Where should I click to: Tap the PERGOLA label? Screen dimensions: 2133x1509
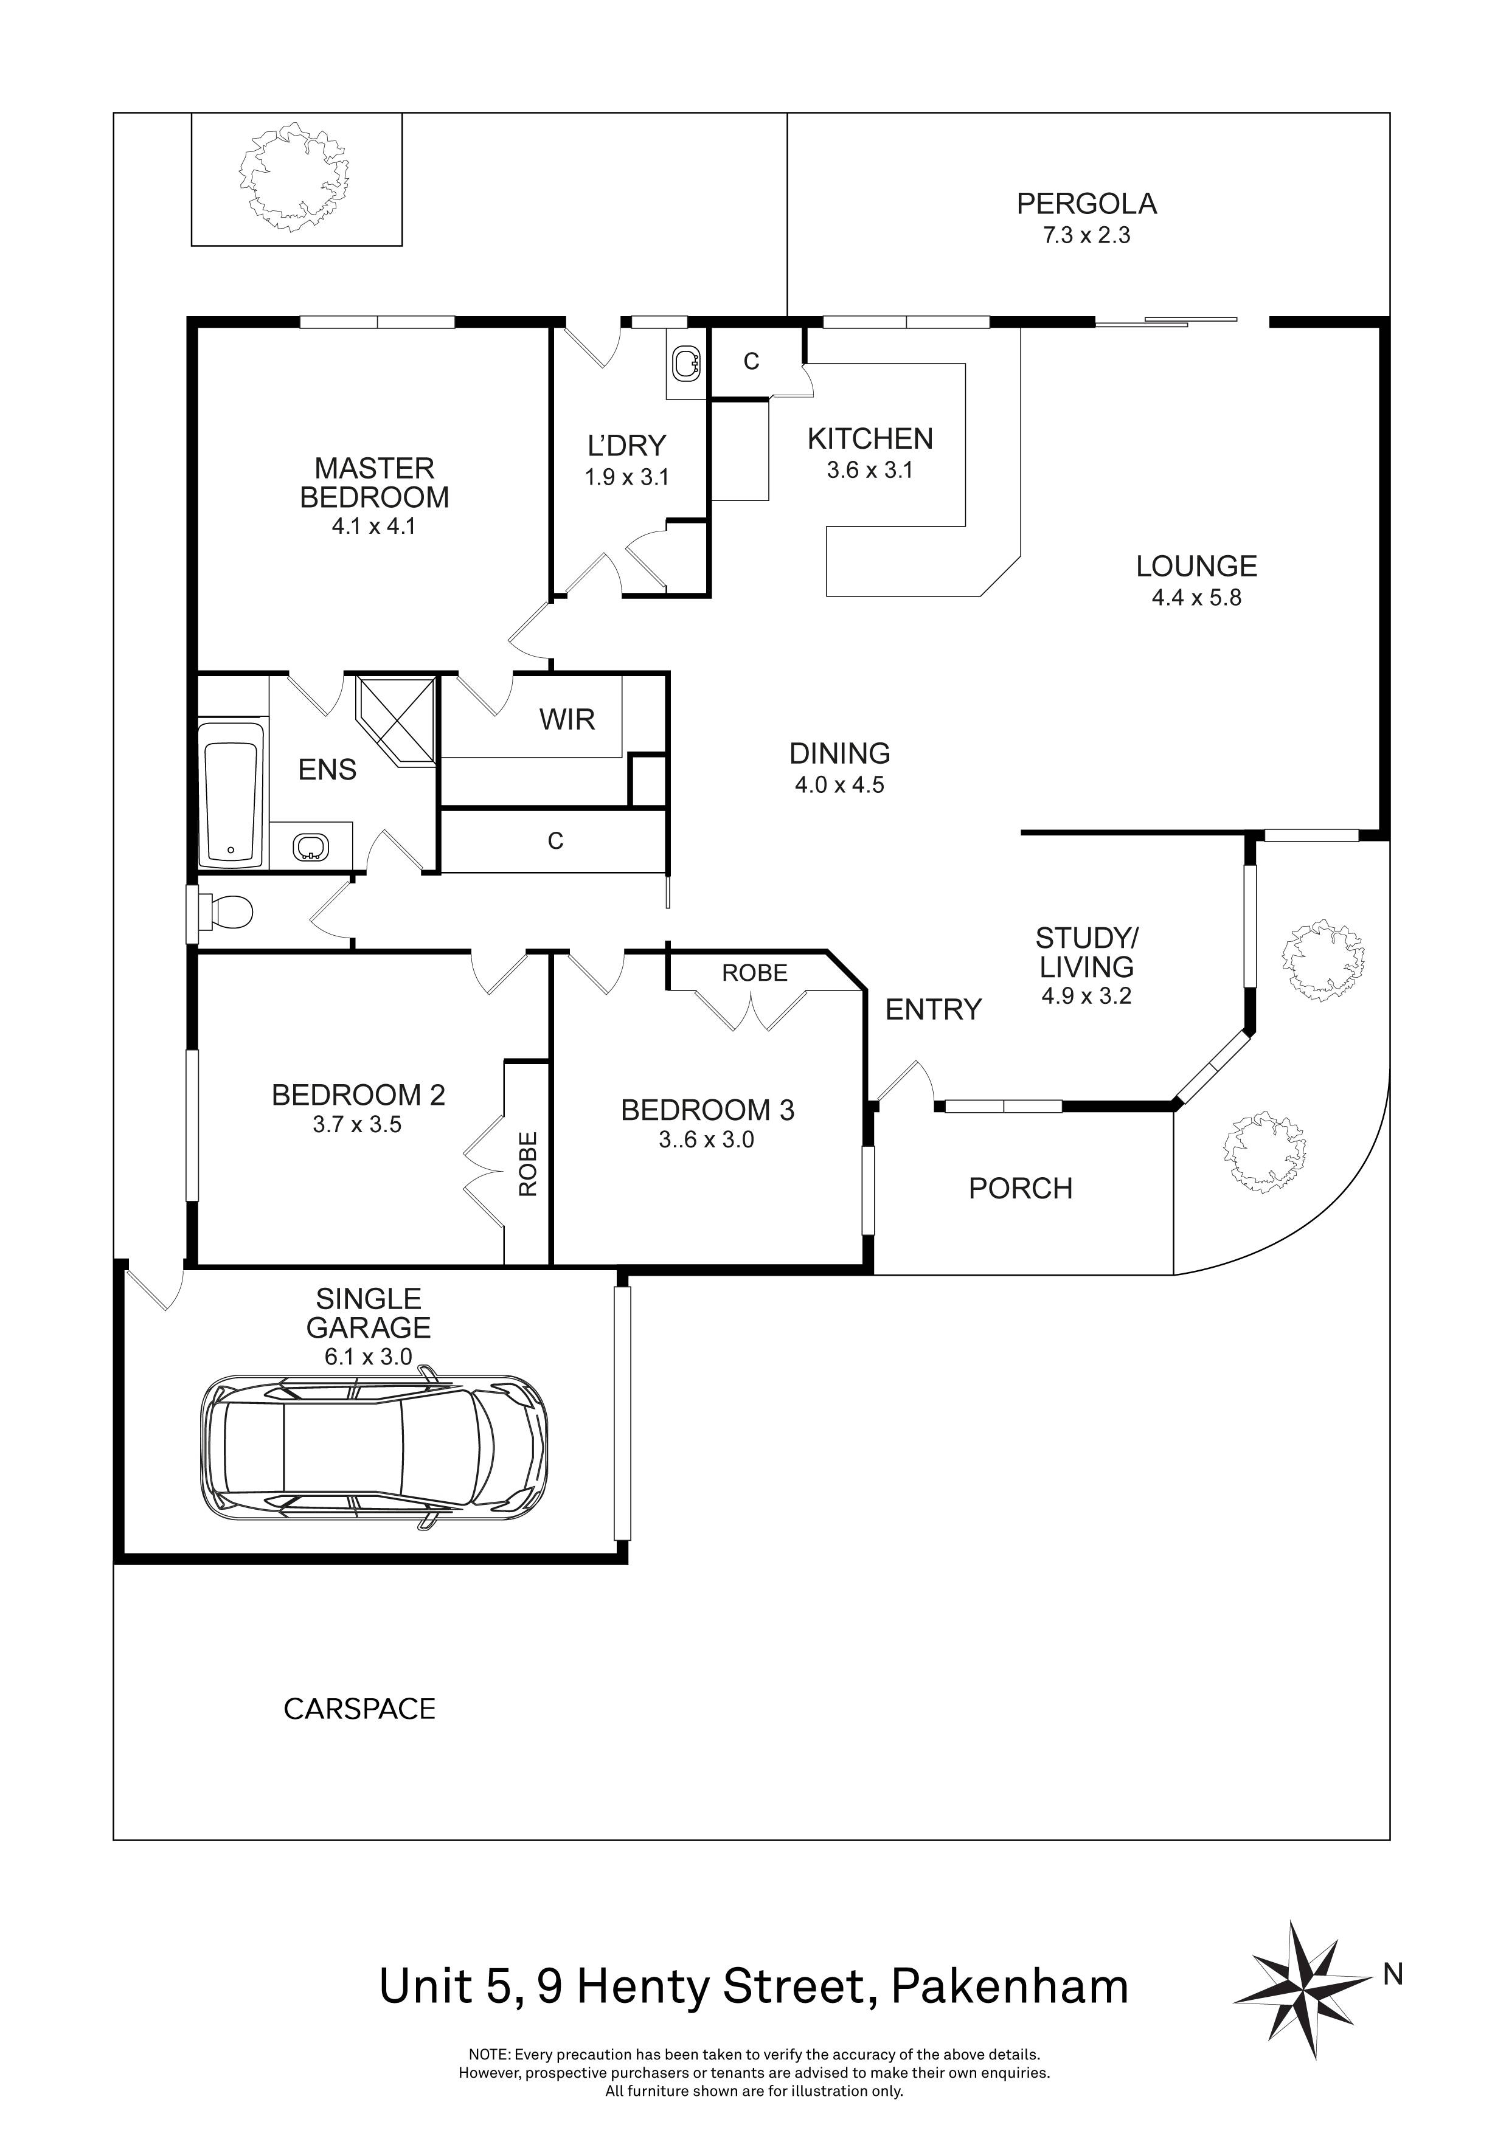point(1086,204)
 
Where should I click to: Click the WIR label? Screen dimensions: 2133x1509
point(567,719)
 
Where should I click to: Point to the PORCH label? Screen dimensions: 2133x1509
point(1020,1188)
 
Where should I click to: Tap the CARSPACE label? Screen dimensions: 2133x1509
point(359,1709)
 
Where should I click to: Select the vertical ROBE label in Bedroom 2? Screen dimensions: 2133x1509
point(527,1163)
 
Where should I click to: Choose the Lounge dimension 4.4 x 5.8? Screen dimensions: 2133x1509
point(1196,597)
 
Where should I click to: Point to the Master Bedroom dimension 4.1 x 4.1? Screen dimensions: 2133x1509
point(373,526)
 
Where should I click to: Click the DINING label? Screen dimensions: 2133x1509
point(839,753)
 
